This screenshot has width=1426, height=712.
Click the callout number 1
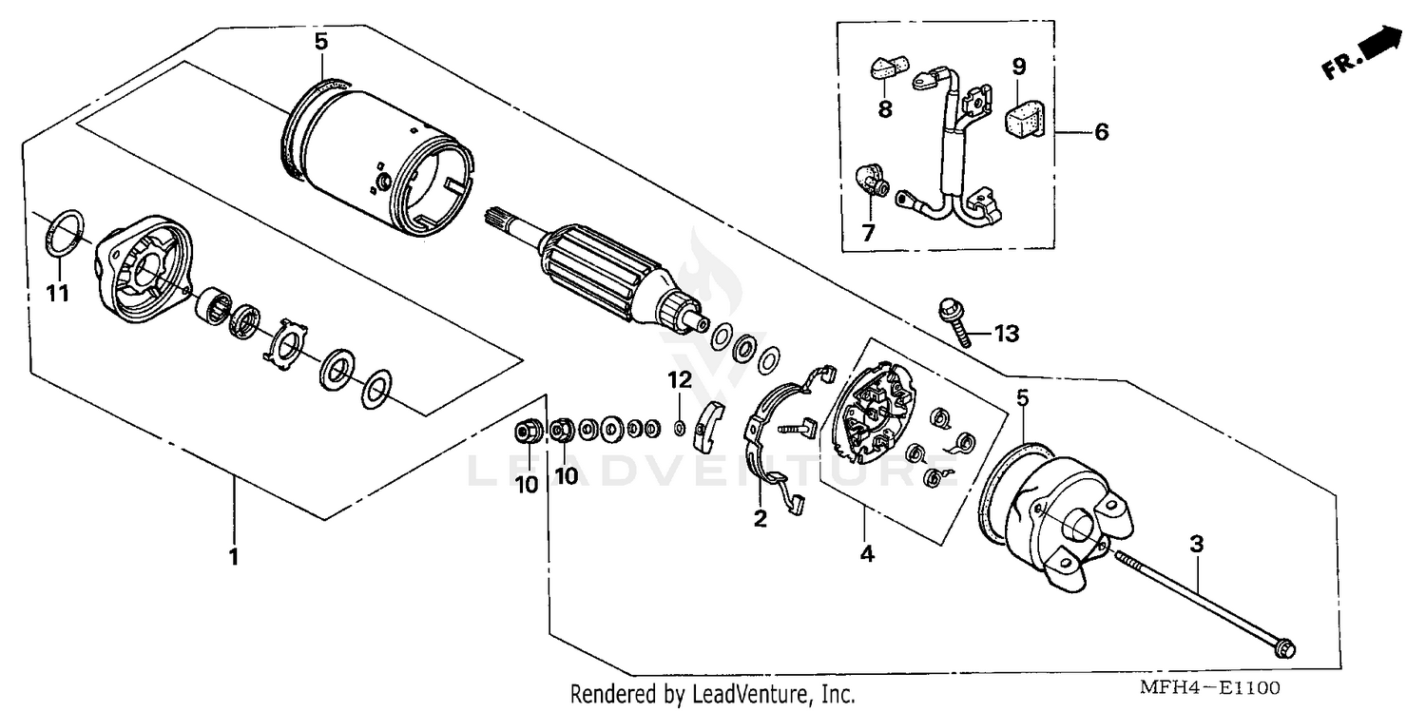pos(233,556)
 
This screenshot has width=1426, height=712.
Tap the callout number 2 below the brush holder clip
pos(761,518)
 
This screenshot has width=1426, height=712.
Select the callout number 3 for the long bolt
pos(1197,545)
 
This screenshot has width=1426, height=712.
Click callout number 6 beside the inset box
pos(1101,132)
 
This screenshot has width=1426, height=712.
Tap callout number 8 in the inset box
pos(885,108)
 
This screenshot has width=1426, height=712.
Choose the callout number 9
pos(1018,67)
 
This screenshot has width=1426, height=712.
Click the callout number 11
pos(59,294)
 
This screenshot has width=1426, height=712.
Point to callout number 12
pos(679,381)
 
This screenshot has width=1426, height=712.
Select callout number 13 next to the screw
pos(1006,333)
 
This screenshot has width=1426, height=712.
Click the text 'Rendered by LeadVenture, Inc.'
pos(712,694)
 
